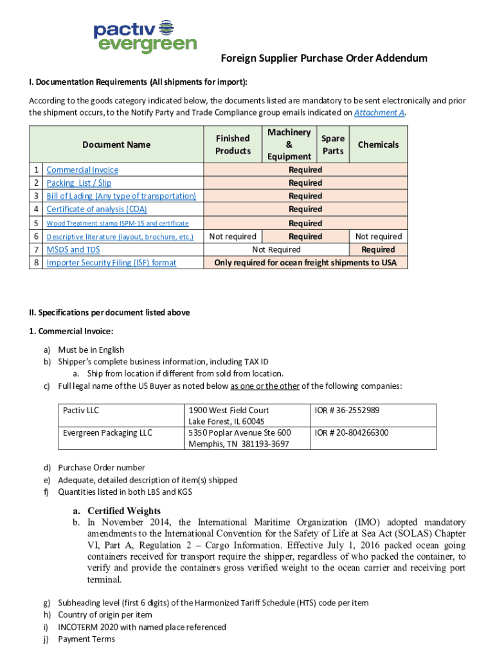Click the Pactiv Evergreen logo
tap(145, 36)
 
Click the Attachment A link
tap(379, 112)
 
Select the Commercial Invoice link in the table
tap(82, 170)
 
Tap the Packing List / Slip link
tap(78, 183)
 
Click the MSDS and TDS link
tap(73, 249)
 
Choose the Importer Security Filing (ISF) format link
tap(111, 262)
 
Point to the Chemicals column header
tap(378, 145)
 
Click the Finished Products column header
tap(233, 145)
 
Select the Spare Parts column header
tap(332, 145)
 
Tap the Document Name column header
tap(116, 145)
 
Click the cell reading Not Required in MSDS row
tap(276, 249)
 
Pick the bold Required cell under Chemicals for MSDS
tap(378, 249)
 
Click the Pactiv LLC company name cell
tap(81, 410)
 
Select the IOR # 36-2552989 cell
tap(346, 410)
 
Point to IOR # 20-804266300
tap(351, 432)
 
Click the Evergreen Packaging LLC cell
tap(107, 432)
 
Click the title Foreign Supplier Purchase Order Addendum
tap(324, 58)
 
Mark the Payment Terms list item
tap(86, 639)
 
